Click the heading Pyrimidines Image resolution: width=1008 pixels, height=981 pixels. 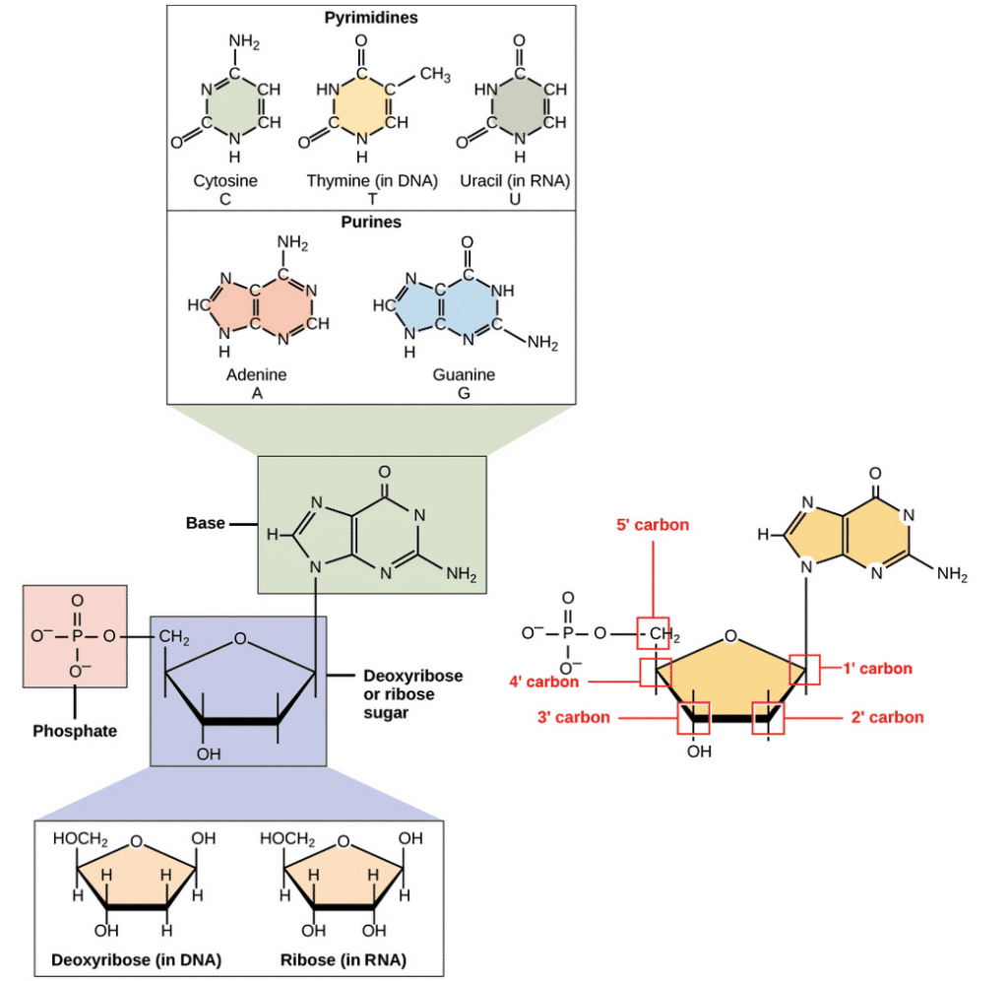[371, 18]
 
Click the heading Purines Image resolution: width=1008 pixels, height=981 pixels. [371, 222]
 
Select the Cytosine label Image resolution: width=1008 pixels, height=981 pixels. [225, 181]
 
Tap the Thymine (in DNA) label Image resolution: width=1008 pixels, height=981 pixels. [371, 181]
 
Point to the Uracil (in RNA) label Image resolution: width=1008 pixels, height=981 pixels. [515, 181]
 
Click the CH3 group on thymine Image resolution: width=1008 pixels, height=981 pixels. [435, 75]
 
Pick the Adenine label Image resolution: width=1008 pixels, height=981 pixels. [256, 374]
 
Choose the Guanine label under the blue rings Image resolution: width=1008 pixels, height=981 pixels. [464, 374]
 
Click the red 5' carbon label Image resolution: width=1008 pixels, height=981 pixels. [653, 525]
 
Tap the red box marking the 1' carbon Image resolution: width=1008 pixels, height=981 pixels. [804, 670]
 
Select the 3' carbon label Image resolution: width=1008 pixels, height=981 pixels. [574, 717]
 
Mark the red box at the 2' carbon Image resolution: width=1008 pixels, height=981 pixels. [768, 718]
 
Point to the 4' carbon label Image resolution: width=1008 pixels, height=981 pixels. [543, 682]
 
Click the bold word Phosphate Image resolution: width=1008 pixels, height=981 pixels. [75, 731]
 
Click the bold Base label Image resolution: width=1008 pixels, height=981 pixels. [205, 523]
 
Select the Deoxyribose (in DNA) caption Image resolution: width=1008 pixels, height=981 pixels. [136, 959]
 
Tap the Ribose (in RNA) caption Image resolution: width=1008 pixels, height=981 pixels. [344, 959]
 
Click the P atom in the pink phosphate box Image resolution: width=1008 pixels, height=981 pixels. [77, 636]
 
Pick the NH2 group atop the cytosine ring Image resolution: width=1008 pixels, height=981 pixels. [244, 42]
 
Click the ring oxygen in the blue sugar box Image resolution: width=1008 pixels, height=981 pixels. [240, 638]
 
